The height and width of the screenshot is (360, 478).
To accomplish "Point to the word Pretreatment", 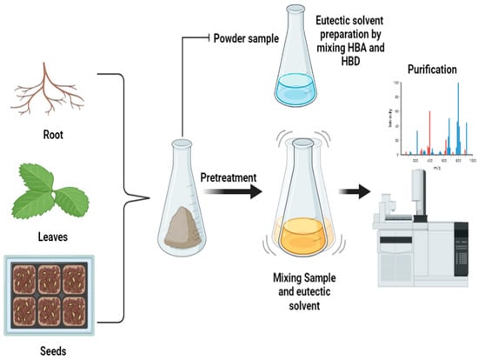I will tap(230, 177).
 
